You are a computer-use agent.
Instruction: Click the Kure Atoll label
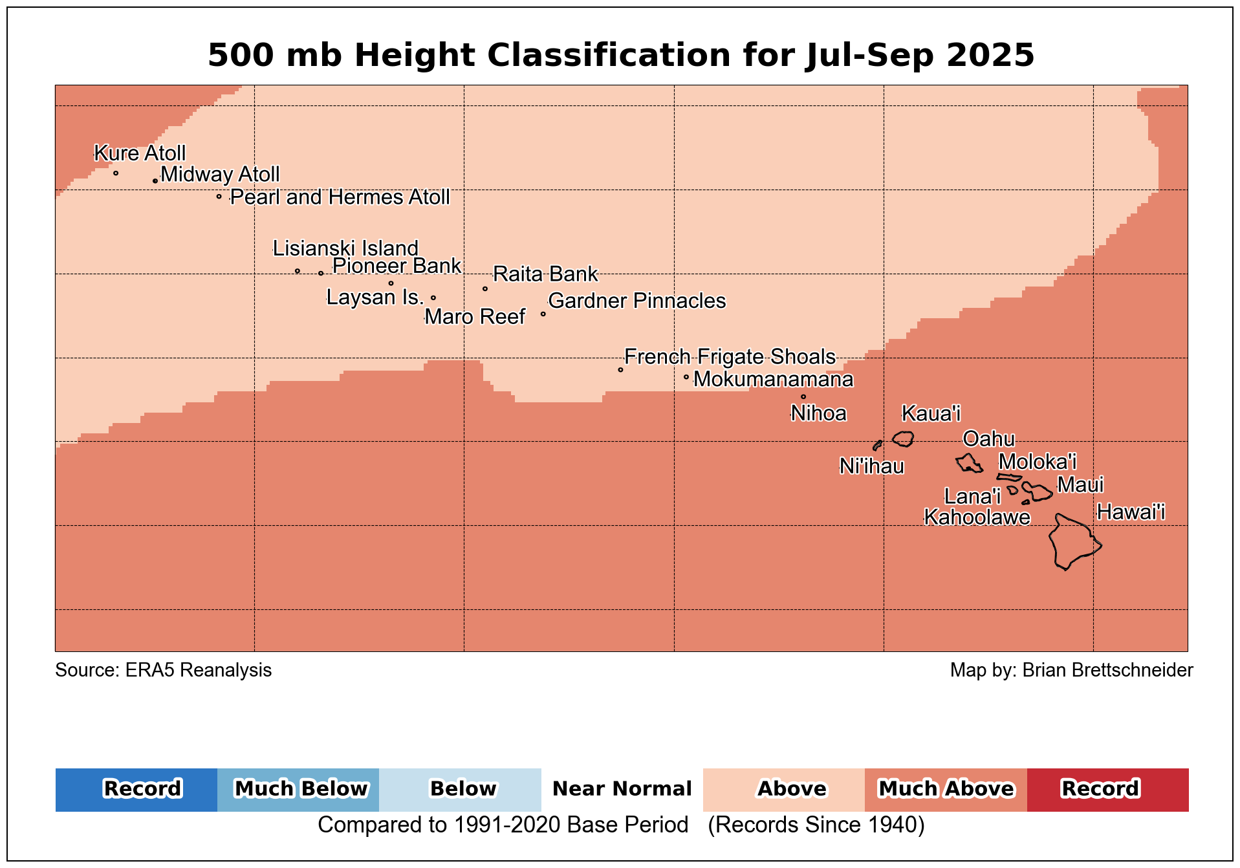[140, 153]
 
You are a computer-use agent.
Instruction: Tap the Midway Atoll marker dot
[155, 181]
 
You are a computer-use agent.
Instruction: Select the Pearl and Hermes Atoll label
[340, 197]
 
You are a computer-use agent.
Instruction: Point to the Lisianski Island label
[345, 248]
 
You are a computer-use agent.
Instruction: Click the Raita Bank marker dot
[485, 289]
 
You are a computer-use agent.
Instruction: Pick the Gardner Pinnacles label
[636, 301]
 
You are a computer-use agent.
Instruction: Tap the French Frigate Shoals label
[730, 357]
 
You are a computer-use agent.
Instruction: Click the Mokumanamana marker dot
[686, 377]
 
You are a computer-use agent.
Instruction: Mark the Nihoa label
[818, 413]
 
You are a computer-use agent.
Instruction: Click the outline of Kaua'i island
[903, 439]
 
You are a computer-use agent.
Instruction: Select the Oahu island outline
[969, 463]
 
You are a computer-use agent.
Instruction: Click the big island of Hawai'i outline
[1072, 542]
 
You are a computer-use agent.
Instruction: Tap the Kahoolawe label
[977, 517]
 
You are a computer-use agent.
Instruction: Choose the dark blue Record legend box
[136, 789]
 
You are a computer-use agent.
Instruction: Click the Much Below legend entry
[298, 789]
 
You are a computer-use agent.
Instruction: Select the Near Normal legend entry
[622, 789]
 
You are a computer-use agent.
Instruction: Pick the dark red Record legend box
[1107, 789]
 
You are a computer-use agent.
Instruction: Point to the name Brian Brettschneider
[1107, 670]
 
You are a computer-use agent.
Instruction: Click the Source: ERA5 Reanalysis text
[164, 670]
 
